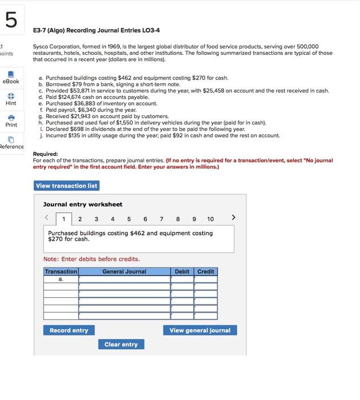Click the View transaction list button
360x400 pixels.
pyautogui.click(x=67, y=186)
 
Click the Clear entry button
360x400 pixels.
pyautogui.click(x=121, y=344)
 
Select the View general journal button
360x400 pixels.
pyautogui.click(x=200, y=330)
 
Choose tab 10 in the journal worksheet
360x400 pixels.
pyautogui.click(x=210, y=219)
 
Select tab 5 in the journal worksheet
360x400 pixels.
pyautogui.click(x=129, y=219)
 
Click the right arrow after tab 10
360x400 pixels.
pyautogui.click(x=233, y=218)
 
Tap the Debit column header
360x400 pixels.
pyautogui.click(x=182, y=271)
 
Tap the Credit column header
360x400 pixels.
pyautogui.click(x=206, y=271)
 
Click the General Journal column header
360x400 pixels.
pyautogui.click(x=124, y=271)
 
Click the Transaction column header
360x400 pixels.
pyautogui.click(x=61, y=271)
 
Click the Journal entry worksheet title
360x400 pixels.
pyautogui.click(x=83, y=204)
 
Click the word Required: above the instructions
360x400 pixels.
pyautogui.click(x=46, y=154)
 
